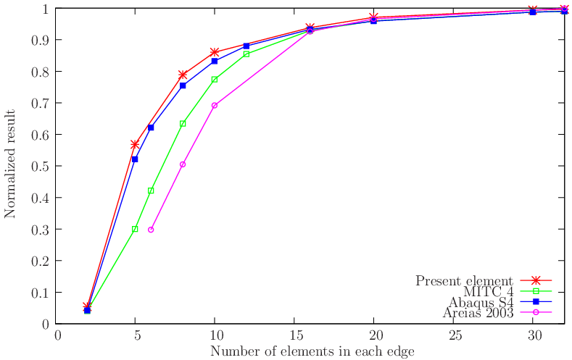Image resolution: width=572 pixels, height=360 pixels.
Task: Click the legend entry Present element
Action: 464,280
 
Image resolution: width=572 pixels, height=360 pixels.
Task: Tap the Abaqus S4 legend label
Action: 479,302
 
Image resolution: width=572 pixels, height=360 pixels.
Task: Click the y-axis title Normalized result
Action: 11,164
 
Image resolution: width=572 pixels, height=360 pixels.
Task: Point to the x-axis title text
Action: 312,351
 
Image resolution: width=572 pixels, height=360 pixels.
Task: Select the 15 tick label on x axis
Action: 294,336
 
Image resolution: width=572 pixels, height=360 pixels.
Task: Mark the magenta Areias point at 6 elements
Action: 151,230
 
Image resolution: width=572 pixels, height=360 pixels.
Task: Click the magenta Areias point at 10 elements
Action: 215,106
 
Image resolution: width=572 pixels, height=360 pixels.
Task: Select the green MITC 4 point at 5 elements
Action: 135,229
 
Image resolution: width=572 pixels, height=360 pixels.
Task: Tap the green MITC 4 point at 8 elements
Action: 183,123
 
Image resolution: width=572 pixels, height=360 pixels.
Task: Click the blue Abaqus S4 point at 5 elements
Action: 135,159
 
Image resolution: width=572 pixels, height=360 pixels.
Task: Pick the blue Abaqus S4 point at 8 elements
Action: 183,85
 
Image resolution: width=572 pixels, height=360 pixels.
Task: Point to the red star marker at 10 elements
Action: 215,52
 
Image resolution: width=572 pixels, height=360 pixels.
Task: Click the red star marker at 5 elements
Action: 135,145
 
